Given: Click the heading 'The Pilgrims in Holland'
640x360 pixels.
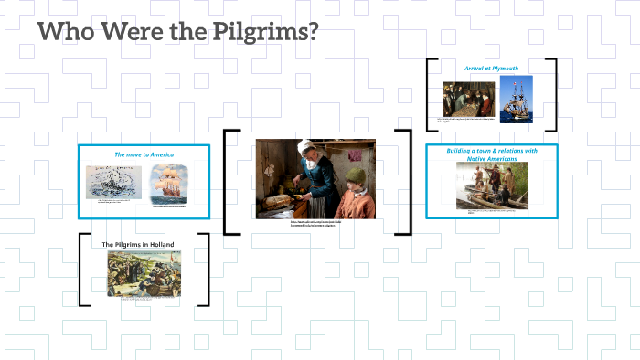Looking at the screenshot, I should pyautogui.click(x=140, y=244).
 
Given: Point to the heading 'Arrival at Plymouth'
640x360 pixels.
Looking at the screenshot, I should pyautogui.click(x=490, y=67).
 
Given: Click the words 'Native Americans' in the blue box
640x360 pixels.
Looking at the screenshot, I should pyautogui.click(x=492, y=159).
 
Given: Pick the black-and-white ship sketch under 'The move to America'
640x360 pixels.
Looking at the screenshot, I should pyautogui.click(x=114, y=183).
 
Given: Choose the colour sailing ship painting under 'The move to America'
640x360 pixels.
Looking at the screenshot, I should pyautogui.click(x=169, y=183).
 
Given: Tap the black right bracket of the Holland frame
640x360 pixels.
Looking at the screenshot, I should pyautogui.click(x=206, y=270).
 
